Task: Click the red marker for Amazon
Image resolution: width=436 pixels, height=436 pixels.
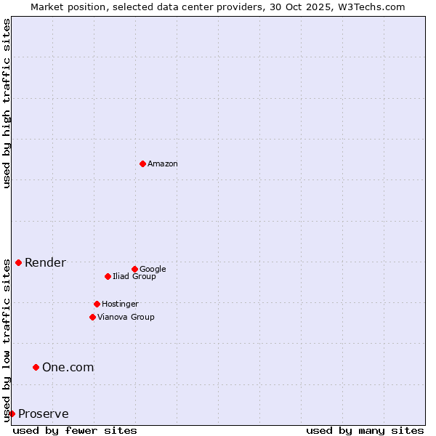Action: coord(142,163)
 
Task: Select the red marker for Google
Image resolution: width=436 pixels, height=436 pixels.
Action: coord(134,269)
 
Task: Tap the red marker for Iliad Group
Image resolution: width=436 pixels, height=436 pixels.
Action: coord(108,276)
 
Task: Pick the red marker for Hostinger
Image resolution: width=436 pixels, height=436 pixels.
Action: coord(97,304)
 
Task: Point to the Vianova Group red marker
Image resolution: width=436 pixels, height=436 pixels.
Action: coord(92,317)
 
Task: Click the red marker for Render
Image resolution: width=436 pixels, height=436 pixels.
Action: coord(18,262)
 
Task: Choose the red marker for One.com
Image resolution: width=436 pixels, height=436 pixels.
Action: coord(36,367)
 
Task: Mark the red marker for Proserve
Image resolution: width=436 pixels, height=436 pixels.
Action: coord(12,413)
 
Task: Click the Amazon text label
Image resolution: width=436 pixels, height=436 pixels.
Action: coord(163,164)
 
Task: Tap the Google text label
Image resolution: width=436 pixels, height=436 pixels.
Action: coord(153,270)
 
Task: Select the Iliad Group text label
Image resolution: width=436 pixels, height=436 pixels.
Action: coord(134,277)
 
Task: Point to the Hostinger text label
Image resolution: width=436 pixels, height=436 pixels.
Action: coord(120,304)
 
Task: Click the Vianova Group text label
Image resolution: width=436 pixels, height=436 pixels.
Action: coord(126,318)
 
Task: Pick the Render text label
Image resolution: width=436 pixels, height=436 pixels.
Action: coord(45,263)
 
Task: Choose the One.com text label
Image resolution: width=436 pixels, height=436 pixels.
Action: coord(68,368)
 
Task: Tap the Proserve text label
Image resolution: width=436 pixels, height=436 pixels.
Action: coord(44,414)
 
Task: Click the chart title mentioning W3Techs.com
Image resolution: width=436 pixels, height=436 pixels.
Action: coord(218,7)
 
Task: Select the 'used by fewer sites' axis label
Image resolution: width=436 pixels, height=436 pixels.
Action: coord(75,430)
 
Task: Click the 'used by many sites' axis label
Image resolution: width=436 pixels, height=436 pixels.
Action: coord(365,430)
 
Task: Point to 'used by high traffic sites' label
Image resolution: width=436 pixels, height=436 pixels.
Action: coord(7,103)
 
